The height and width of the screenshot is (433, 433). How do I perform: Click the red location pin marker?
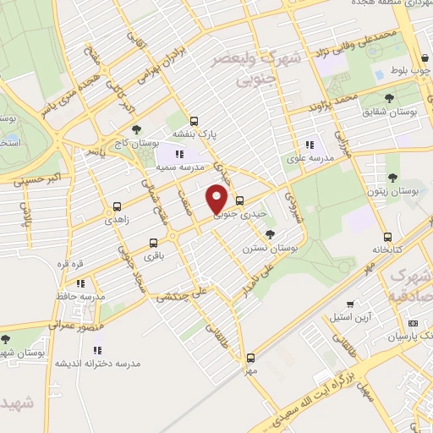coord(216,198)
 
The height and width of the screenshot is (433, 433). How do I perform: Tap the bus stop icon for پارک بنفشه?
coord(195,121)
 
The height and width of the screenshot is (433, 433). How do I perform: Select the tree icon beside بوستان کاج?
coord(113,129)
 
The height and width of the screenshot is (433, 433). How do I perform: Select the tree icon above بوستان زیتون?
coord(392,178)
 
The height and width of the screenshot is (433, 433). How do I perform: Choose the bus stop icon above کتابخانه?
coord(387,237)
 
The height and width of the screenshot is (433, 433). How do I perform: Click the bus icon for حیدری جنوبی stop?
coord(240,201)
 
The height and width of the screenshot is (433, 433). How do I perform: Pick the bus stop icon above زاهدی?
coord(117,205)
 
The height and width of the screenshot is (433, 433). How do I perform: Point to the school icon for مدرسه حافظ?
coord(81,283)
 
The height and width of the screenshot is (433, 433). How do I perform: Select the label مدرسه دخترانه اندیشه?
coord(98,363)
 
